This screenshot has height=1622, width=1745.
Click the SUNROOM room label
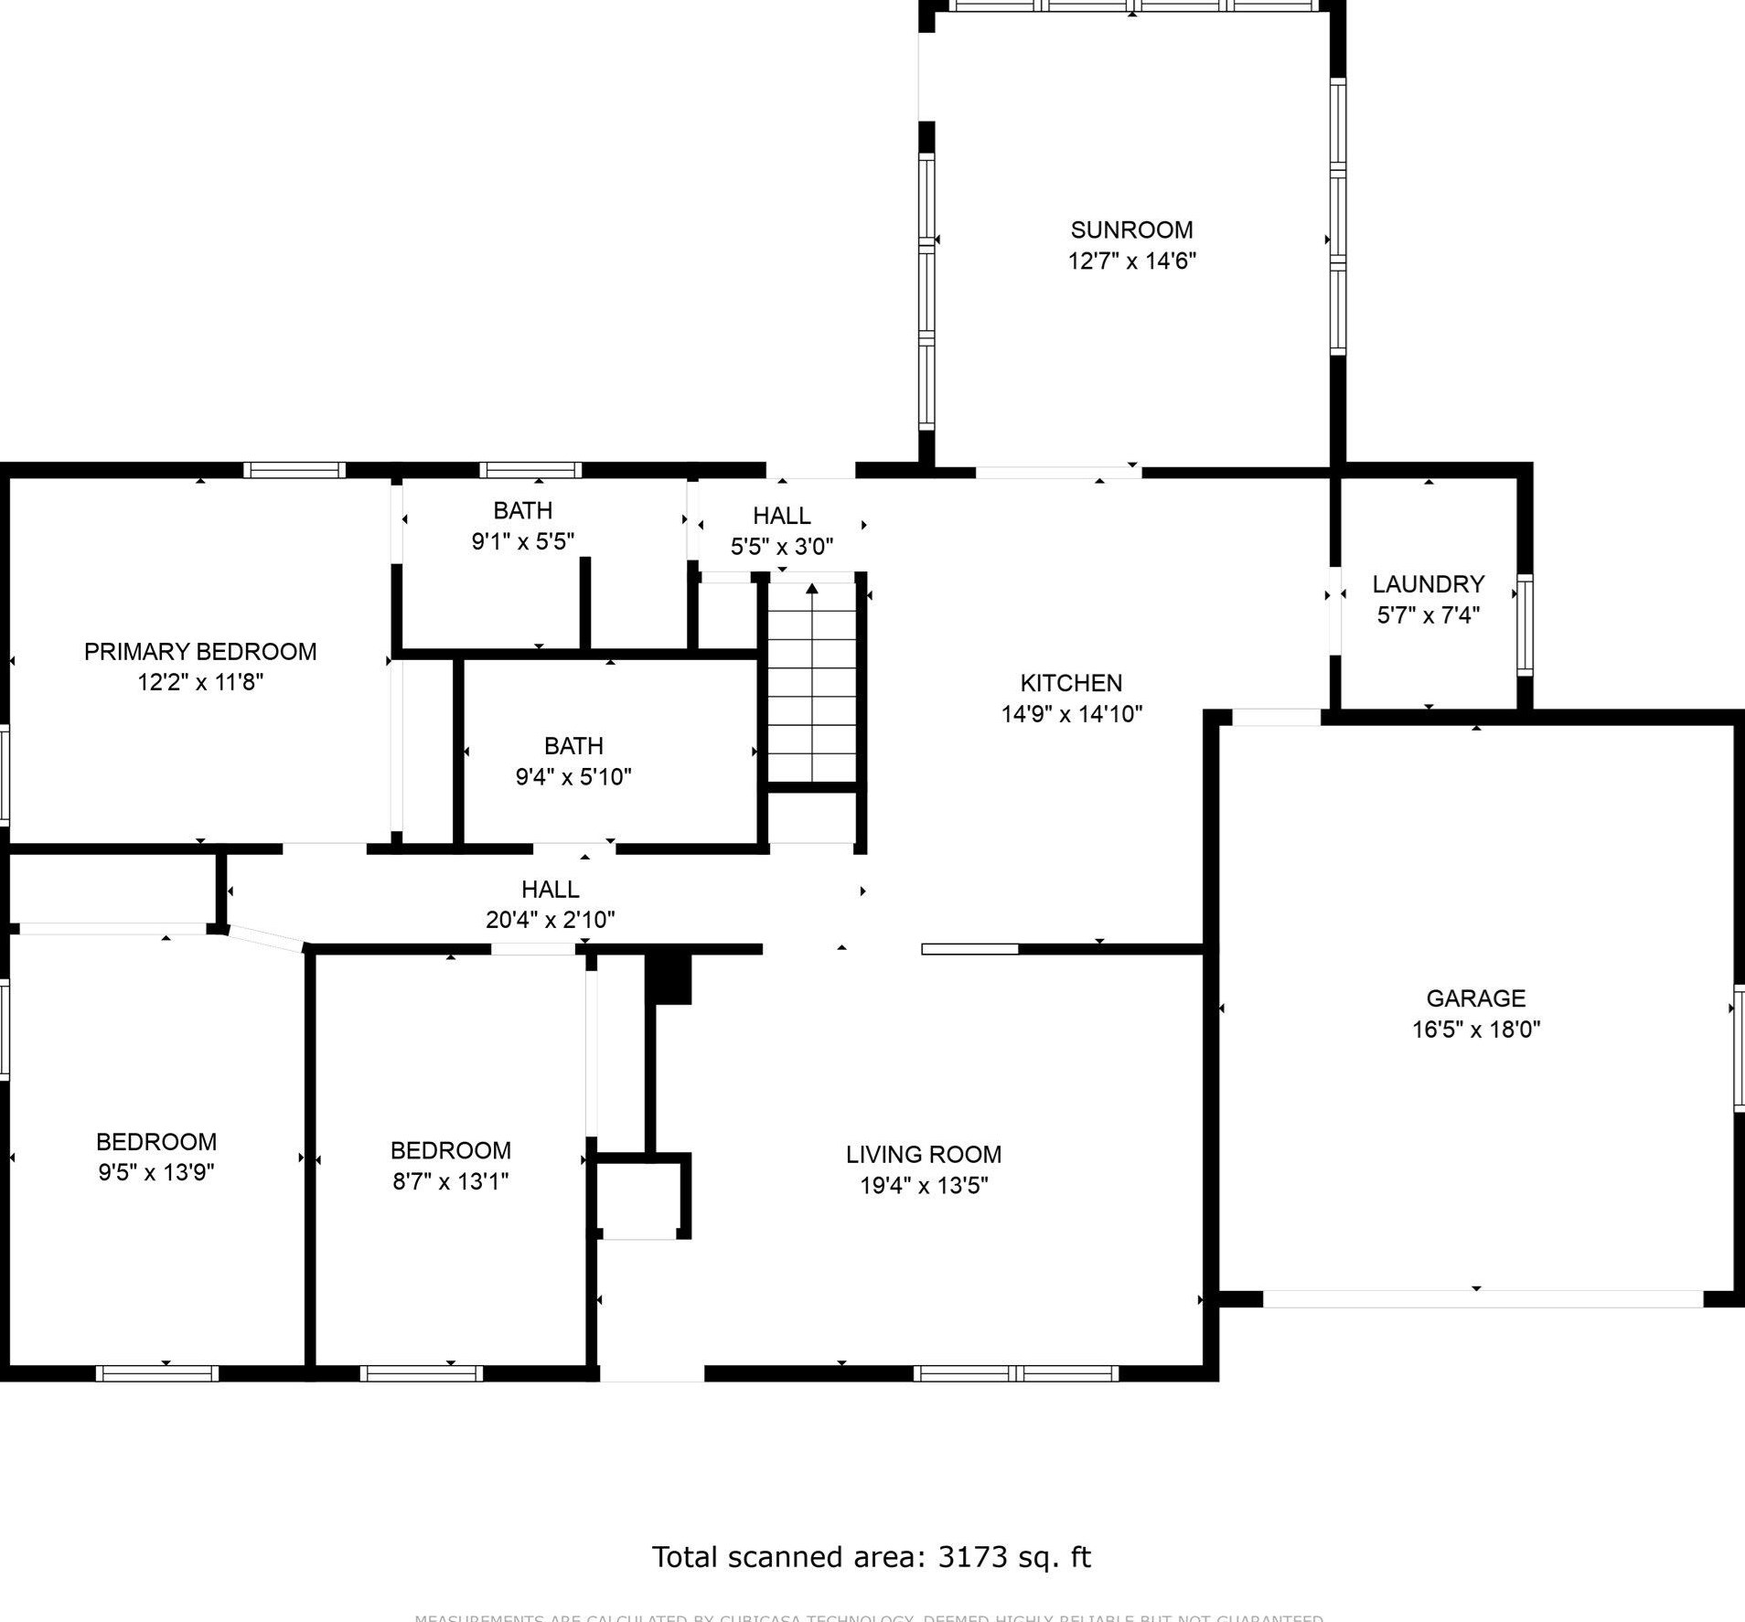pyautogui.click(x=1131, y=229)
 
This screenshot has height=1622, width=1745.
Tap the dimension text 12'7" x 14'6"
pyautogui.click(x=1131, y=261)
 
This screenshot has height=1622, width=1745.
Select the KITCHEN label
pyautogui.click(x=1070, y=683)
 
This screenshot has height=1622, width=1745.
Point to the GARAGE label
pyautogui.click(x=1475, y=998)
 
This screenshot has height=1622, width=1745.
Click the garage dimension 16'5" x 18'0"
pyautogui.click(x=1475, y=1030)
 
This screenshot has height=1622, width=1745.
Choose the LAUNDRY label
pyautogui.click(x=1428, y=584)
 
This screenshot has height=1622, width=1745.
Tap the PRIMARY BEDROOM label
pyautogui.click(x=200, y=652)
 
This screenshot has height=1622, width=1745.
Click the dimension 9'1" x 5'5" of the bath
pyautogui.click(x=522, y=542)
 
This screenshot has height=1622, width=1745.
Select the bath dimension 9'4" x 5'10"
pyautogui.click(x=573, y=777)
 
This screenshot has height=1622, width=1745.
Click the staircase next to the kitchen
pyautogui.click(x=811, y=681)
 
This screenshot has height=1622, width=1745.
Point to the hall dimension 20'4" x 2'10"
pyautogui.click(x=550, y=920)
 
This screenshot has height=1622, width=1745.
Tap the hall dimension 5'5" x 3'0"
pyautogui.click(x=781, y=547)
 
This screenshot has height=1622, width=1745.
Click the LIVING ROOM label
pyautogui.click(x=923, y=1155)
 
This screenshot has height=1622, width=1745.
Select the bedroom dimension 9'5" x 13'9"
pyautogui.click(x=156, y=1172)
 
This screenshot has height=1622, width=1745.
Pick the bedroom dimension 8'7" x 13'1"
pyautogui.click(x=450, y=1181)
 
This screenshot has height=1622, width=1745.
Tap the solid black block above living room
pyautogui.click(x=669, y=979)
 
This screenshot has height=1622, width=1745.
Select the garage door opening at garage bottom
pyautogui.click(x=1482, y=1298)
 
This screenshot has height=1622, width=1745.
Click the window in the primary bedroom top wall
pyautogui.click(x=294, y=470)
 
